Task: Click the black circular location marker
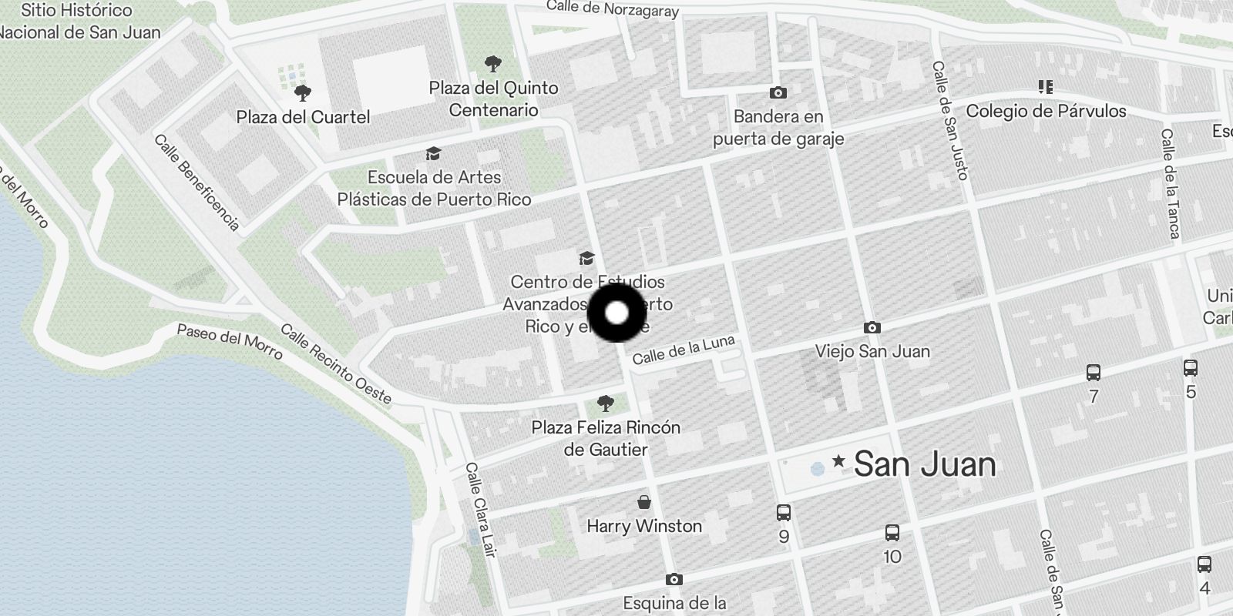pos(616,313)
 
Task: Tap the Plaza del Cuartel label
pos(303,117)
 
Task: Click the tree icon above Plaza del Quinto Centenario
pos(493,64)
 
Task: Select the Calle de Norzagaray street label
pos(613,8)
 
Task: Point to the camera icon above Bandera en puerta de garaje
pos(778,92)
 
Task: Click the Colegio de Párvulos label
pos(1046,111)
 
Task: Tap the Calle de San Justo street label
pos(949,121)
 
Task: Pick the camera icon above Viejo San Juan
pos(872,327)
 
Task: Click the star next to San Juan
pos(838,462)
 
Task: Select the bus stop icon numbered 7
pos(1093,373)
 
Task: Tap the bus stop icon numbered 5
pos(1191,368)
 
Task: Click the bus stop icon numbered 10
pos(892,532)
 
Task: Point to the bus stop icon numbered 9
pos(784,512)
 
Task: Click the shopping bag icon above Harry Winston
pos(644,503)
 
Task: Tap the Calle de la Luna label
pos(684,350)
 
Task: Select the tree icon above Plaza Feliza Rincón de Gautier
pos(606,403)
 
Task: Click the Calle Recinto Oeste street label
pos(336,364)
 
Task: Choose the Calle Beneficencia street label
pos(197,182)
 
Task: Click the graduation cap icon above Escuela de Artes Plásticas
pos(433,154)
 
